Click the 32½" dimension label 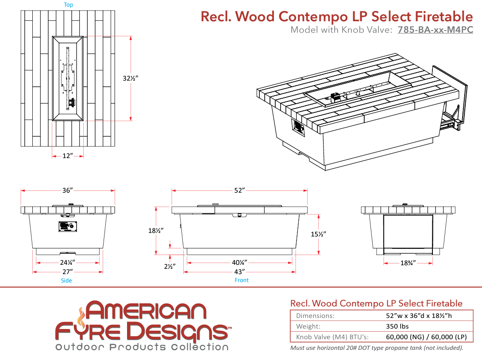pos(131,78)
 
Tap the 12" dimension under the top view pos(68,156)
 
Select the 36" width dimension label pos(68,190)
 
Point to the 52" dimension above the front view pos(239,190)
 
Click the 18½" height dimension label pos(156,231)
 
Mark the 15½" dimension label pos(319,234)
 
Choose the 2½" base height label pos(170,266)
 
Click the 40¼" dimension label pos(239,263)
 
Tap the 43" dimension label pos(239,272)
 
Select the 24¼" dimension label pos(68,263)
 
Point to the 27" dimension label pos(68,272)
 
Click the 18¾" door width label pos(408,263)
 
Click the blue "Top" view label pos(68,4)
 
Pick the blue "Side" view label pos(66,280)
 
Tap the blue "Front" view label pos(242,280)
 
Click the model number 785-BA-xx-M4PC pos(435,30)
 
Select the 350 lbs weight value pos(397,326)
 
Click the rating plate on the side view pos(68,227)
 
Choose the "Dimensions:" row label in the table pos(315,316)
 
